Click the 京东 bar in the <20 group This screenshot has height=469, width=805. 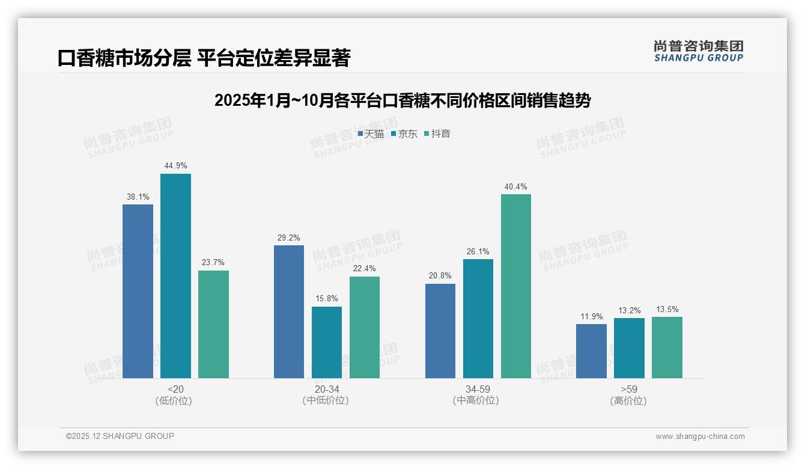175,276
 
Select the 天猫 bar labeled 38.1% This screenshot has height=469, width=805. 138,291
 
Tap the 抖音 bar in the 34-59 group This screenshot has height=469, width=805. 515,286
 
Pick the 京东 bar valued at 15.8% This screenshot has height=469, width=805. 326,342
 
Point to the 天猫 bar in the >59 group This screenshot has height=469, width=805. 591,351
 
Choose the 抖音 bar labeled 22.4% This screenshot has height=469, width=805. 364,327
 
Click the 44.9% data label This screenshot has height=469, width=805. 175,166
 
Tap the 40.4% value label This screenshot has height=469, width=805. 515,187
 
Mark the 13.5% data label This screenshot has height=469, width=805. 667,310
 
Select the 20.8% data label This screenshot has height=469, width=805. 440,276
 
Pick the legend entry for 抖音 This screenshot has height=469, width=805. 437,134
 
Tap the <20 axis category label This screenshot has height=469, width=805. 175,390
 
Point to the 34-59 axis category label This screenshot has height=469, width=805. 478,390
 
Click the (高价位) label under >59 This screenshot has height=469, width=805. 628,401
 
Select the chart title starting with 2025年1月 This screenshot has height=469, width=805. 402,100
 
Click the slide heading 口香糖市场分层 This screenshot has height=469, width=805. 204,58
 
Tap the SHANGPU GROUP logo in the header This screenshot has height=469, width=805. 698,51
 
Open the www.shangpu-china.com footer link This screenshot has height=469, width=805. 700,437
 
